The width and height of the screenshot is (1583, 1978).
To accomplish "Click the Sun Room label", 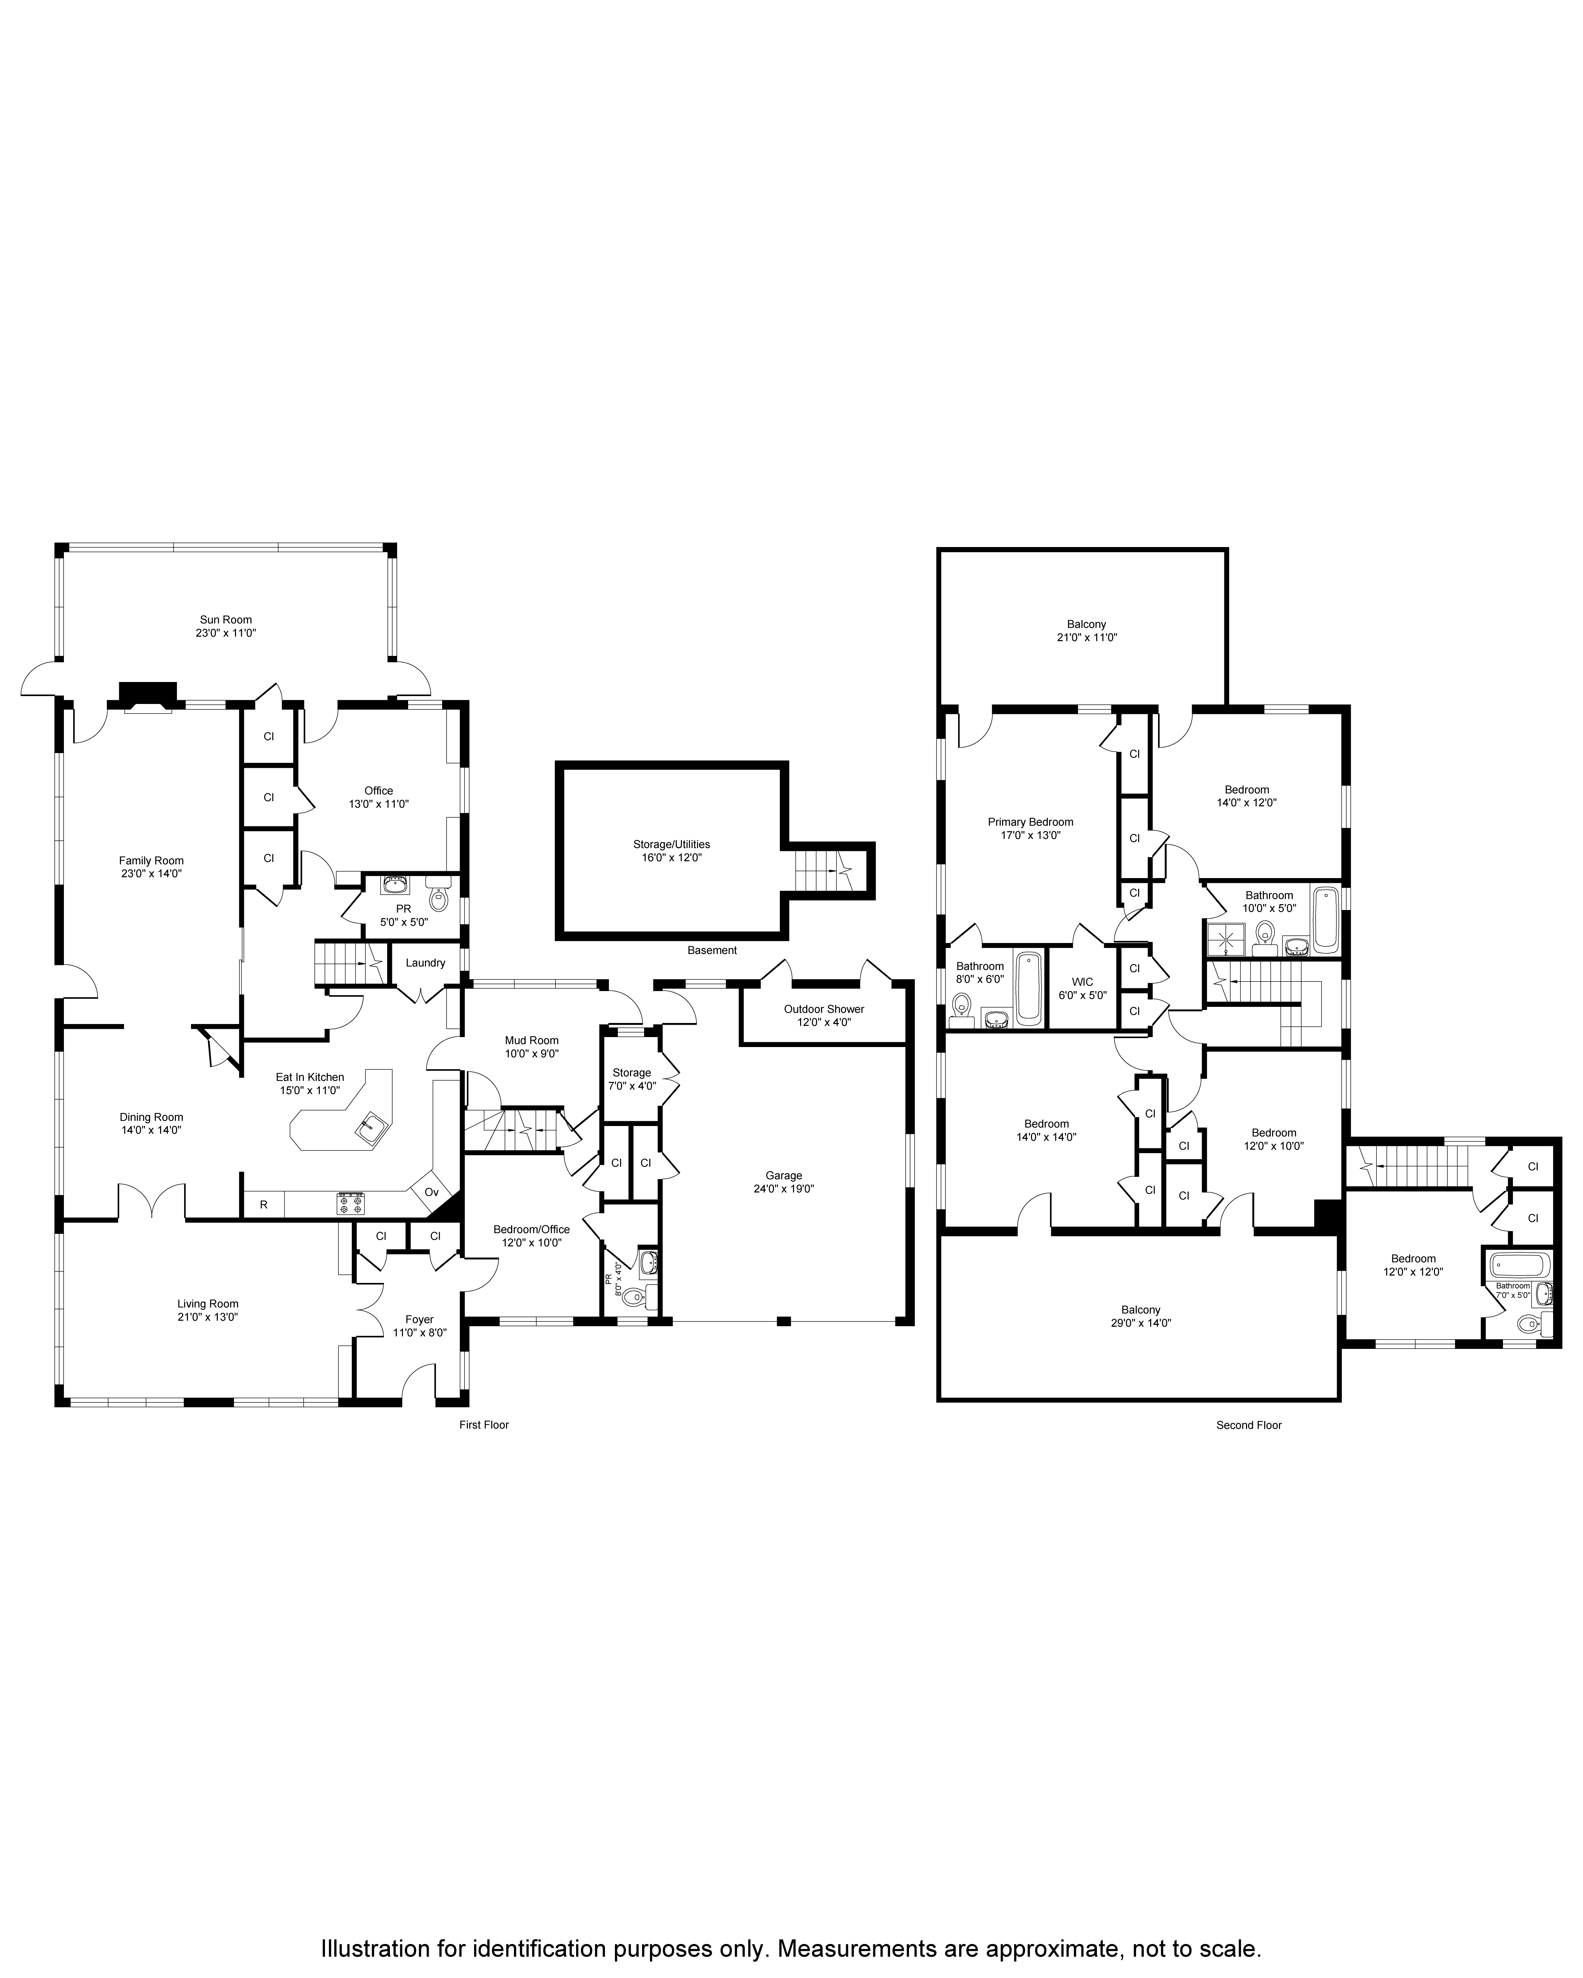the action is click(226, 619).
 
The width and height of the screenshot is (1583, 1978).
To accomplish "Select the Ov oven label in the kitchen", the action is click(431, 1192).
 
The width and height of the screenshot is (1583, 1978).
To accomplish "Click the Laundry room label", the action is click(425, 963).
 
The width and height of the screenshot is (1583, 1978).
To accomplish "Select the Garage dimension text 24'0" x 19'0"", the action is click(784, 1188).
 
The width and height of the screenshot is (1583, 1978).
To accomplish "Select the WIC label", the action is click(1083, 982).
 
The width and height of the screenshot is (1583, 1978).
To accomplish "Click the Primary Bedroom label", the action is click(1031, 822).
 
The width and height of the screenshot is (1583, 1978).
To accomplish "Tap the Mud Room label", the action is click(531, 1041).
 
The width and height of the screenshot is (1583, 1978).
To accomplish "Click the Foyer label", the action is click(419, 1319).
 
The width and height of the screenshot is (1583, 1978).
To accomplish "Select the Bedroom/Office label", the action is click(531, 1229).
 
